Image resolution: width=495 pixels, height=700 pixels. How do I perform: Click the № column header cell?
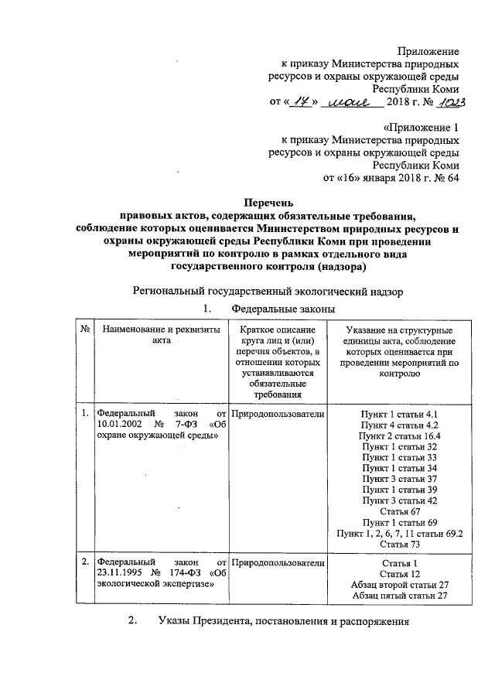pos(83,331)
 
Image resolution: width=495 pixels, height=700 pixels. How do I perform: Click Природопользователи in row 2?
pos(278,562)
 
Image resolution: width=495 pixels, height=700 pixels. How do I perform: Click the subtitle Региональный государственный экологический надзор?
pos(268,291)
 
